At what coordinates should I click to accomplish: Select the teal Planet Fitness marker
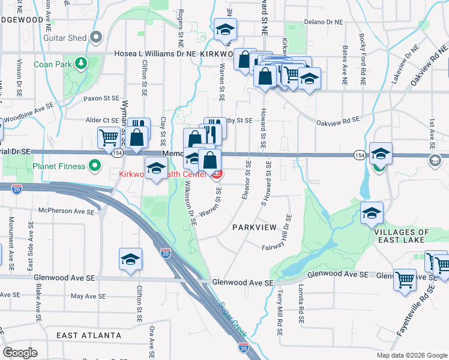(x=95, y=166)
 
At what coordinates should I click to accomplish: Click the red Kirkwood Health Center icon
(x=216, y=175)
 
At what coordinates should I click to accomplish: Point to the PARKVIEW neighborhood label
(x=255, y=227)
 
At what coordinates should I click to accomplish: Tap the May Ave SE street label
(x=88, y=296)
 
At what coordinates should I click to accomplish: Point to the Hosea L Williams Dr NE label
(x=148, y=53)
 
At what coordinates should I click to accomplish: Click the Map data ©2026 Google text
(x=412, y=355)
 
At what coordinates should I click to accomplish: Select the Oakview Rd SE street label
(x=338, y=120)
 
